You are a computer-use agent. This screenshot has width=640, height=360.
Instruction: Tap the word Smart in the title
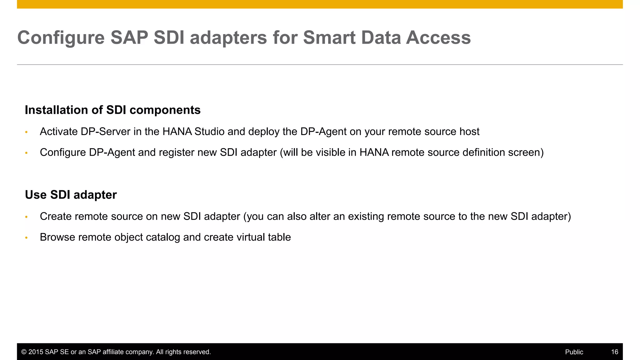[x=329, y=38]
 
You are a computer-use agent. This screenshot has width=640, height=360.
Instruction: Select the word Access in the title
[x=438, y=38]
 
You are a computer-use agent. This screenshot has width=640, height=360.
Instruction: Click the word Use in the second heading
[x=36, y=195]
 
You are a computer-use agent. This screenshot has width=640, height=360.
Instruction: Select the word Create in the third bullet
[x=56, y=216]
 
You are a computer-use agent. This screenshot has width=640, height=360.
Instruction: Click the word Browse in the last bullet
[x=57, y=237]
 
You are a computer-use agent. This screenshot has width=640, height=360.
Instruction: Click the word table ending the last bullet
[x=280, y=237]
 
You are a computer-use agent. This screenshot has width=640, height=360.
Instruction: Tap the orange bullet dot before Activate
[x=27, y=132]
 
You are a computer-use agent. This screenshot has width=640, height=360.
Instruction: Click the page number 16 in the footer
[x=614, y=352]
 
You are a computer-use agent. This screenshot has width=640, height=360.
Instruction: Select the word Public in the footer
[x=574, y=352]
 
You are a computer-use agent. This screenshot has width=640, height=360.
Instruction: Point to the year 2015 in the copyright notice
[x=36, y=352]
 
